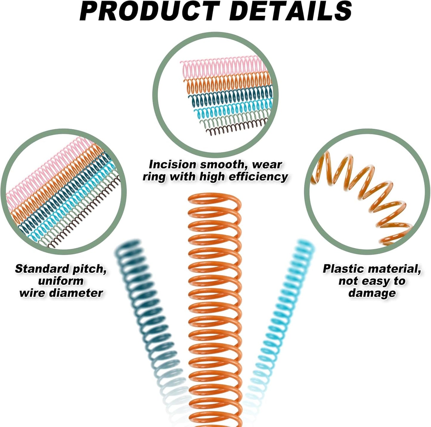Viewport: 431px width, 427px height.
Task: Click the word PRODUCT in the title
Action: tap(149, 11)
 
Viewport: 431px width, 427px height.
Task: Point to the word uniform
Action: tap(61, 281)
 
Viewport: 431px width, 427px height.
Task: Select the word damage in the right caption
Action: tap(372, 293)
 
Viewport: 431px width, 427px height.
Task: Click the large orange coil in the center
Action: tap(215, 313)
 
